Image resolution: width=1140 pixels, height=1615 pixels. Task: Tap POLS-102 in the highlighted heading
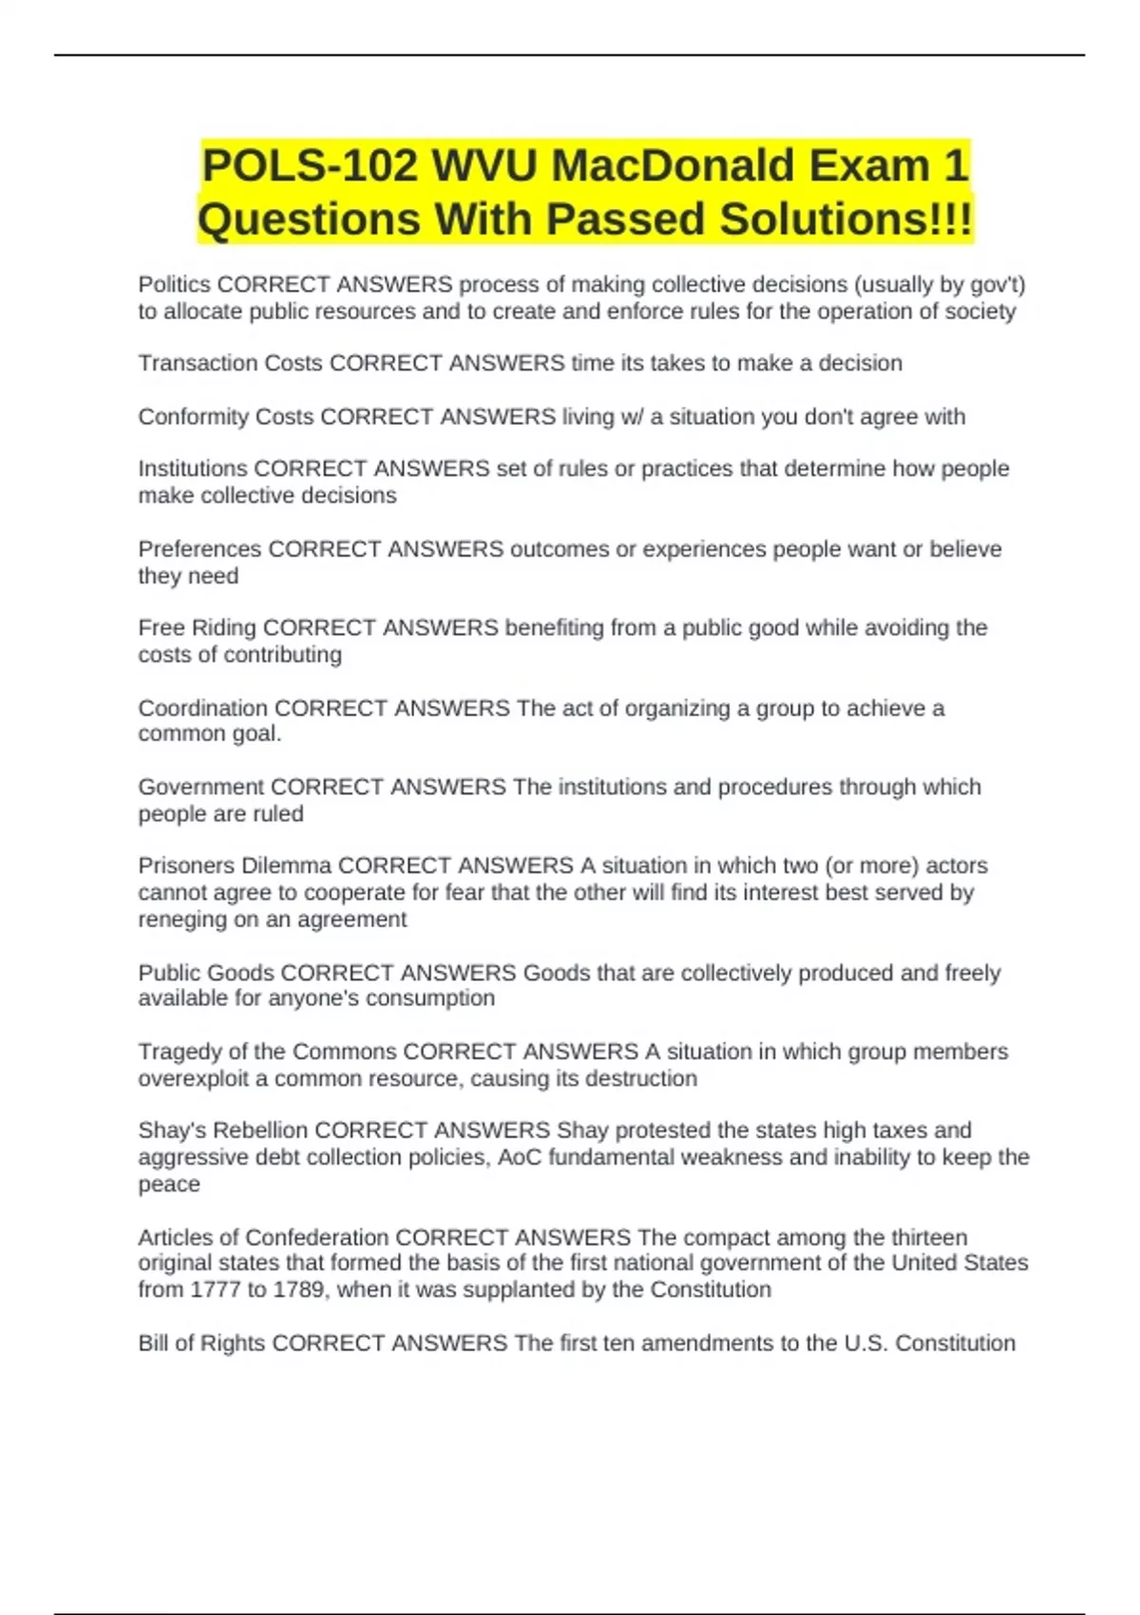click(x=310, y=166)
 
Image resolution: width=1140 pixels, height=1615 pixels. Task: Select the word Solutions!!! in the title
click(x=846, y=219)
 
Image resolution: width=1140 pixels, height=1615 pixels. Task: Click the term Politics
click(x=175, y=285)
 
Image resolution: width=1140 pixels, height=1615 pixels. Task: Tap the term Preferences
click(x=199, y=549)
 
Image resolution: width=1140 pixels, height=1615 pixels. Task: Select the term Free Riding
click(x=197, y=628)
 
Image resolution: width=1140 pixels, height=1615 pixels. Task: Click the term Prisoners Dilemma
click(x=235, y=865)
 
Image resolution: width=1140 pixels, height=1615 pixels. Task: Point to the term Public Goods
click(x=206, y=973)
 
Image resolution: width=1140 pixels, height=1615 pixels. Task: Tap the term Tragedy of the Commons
click(x=267, y=1052)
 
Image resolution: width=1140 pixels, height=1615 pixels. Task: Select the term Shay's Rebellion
click(x=223, y=1130)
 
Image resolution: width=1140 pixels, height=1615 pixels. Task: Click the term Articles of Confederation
click(x=263, y=1238)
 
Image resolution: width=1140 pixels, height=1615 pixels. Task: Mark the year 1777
click(x=214, y=1290)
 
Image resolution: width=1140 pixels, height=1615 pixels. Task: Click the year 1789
click(x=298, y=1290)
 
